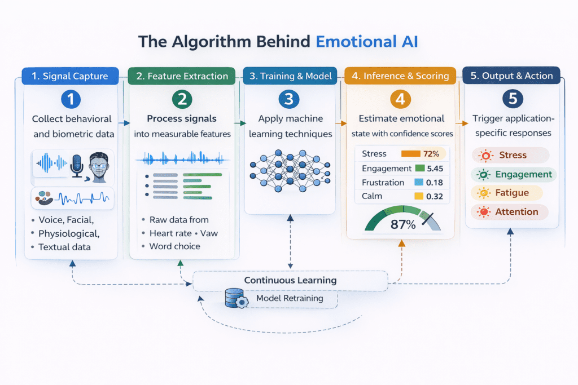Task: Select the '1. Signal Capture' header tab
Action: [x=70, y=76]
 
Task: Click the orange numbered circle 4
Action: [x=400, y=100]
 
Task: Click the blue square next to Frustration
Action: [x=418, y=183]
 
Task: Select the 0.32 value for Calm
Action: [x=434, y=197]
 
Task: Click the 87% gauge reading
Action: [x=402, y=224]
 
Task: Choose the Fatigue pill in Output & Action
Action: [x=507, y=193]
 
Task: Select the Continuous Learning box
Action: [x=290, y=280]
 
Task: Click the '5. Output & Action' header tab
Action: [x=511, y=76]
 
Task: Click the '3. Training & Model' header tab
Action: [x=290, y=76]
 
